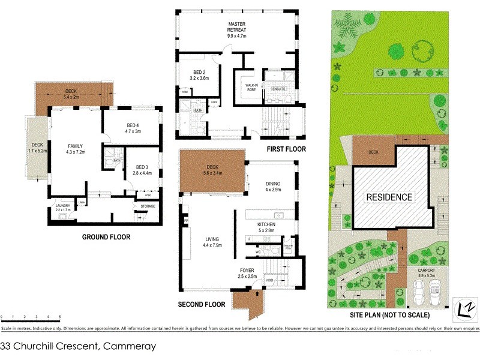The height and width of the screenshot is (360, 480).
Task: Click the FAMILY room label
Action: tap(75, 146)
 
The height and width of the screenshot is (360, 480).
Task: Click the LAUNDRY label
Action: tap(63, 206)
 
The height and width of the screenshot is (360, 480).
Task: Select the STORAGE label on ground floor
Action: tap(148, 206)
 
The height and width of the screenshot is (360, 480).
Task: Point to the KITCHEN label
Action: tap(266, 224)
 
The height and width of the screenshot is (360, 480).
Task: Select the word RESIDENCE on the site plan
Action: tap(390, 197)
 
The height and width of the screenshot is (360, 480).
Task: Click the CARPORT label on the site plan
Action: tap(428, 271)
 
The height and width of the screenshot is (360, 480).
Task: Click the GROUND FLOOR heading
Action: tap(106, 237)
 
